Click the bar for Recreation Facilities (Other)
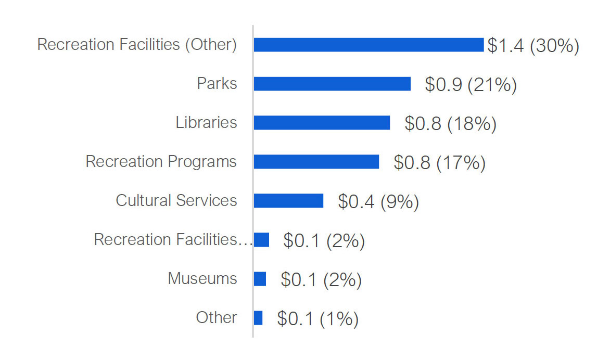(x=369, y=45)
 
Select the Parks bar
(x=332, y=84)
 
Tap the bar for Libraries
(x=322, y=123)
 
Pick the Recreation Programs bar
(x=316, y=162)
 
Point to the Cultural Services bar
(x=288, y=201)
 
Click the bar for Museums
(x=260, y=279)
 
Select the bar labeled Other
(x=258, y=318)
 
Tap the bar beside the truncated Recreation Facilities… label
(x=261, y=240)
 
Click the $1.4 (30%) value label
(x=533, y=46)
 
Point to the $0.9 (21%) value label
(x=471, y=85)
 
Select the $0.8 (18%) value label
(x=450, y=124)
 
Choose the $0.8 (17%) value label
(x=439, y=163)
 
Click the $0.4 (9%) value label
(x=378, y=202)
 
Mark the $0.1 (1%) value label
(x=317, y=319)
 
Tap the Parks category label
(x=217, y=83)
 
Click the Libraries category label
(x=206, y=122)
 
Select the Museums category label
(x=202, y=278)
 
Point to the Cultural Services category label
(x=176, y=200)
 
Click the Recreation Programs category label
(x=161, y=161)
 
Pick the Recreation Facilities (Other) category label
(x=137, y=45)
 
